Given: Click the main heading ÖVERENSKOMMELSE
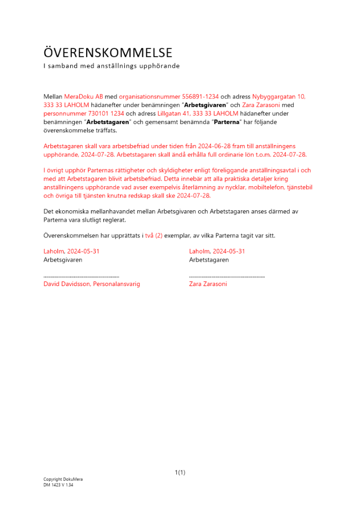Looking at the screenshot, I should click(108, 53).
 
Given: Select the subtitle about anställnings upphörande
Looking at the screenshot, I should click(112, 66).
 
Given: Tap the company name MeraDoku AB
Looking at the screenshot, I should click(84, 96).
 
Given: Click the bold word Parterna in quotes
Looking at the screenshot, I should click(225, 122).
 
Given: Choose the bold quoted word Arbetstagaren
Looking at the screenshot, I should click(108, 122).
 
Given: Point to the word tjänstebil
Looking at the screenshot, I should click(300, 187).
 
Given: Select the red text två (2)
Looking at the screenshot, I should click(154, 235).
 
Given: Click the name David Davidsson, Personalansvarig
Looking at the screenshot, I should click(92, 284).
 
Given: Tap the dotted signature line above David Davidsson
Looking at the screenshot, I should click(81, 276).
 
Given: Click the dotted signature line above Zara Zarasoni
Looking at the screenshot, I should click(227, 276).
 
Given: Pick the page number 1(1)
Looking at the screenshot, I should click(180, 472).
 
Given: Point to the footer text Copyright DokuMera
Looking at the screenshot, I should click(63, 479).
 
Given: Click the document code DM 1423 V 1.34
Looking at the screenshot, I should click(59, 485).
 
